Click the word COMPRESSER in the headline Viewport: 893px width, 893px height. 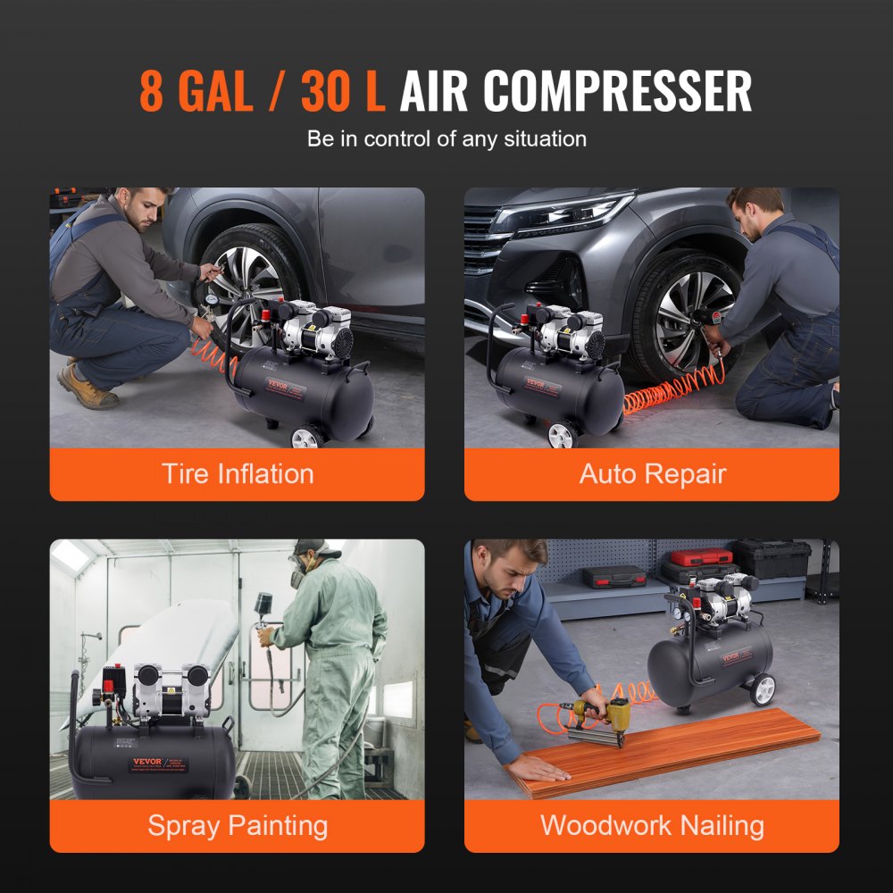pos(619,91)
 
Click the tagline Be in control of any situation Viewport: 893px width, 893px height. pos(446,139)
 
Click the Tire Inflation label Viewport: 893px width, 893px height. pos(237,473)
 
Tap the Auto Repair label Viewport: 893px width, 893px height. pos(652,473)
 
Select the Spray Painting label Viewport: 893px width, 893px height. pos(237,825)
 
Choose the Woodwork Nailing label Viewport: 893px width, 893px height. pos(652,825)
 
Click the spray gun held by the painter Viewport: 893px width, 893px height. pos(265,630)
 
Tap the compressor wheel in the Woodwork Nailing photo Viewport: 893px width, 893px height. pos(763,689)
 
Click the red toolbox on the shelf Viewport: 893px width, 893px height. pos(701,557)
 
